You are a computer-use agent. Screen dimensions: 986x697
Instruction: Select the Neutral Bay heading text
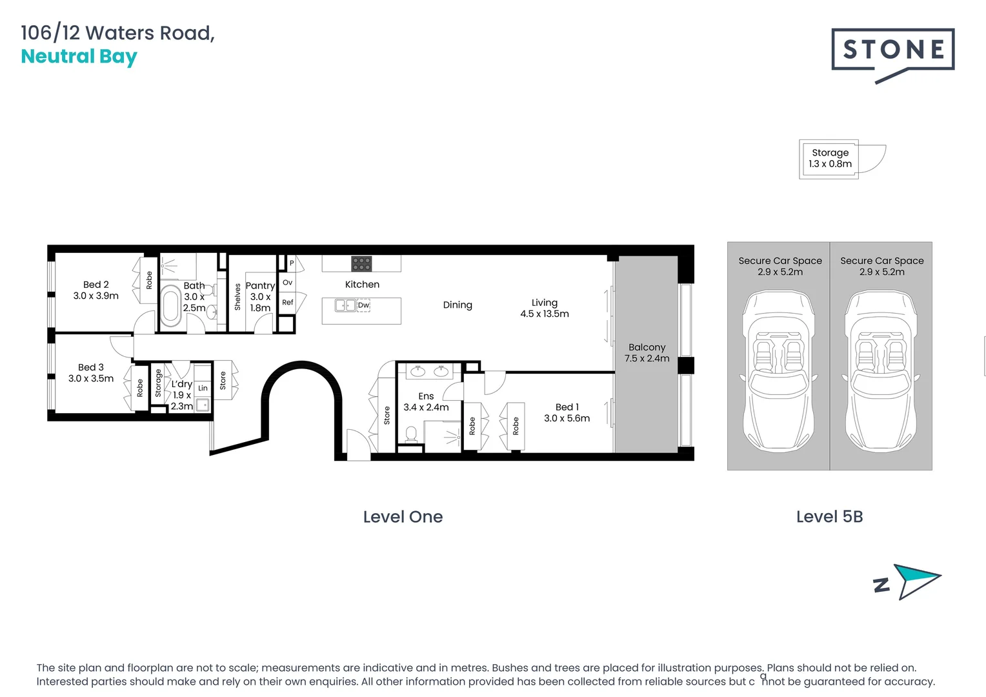[79, 57]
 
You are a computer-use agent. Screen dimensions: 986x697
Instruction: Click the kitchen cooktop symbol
[361, 264]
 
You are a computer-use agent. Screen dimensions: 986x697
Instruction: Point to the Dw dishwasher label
[363, 305]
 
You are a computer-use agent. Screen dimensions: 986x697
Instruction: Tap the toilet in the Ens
[411, 434]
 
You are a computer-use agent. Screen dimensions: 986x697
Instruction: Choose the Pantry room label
[260, 286]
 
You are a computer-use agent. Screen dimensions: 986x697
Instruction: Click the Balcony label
[647, 347]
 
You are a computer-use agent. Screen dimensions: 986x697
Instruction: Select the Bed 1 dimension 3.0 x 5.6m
[567, 418]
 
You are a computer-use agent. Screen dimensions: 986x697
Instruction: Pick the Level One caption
[403, 517]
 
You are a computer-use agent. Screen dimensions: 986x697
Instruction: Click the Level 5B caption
[830, 517]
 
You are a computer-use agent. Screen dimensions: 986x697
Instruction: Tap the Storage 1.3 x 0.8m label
[830, 158]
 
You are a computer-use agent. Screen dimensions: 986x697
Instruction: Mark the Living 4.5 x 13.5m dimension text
[545, 314]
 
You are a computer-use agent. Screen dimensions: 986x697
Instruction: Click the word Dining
[458, 305]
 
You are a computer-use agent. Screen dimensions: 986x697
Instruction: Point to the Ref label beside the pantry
[287, 303]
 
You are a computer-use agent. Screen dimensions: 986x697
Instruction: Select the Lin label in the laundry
[203, 388]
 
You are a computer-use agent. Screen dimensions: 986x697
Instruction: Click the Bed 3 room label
[91, 367]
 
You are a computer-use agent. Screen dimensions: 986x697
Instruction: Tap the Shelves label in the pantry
[237, 297]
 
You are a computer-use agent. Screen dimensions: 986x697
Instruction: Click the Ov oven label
[287, 283]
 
